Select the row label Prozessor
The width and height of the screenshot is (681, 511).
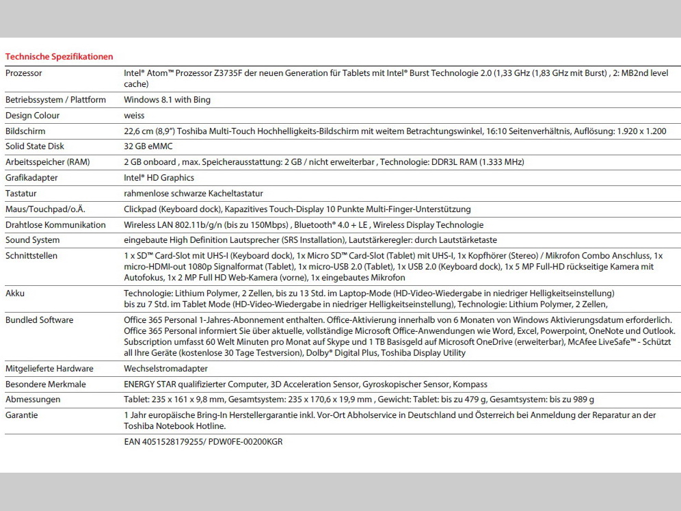click(24, 72)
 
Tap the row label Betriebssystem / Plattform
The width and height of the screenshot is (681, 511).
click(55, 100)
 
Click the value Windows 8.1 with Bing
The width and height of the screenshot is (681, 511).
click(167, 100)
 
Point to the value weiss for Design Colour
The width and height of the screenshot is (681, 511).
click(134, 116)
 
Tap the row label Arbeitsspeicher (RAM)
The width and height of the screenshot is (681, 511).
click(47, 162)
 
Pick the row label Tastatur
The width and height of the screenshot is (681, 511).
click(22, 194)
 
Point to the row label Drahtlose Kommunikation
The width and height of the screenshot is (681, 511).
click(55, 225)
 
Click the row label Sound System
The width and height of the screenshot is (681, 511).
click(32, 240)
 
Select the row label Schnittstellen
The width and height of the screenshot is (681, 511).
click(31, 256)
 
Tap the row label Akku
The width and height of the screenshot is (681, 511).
click(15, 292)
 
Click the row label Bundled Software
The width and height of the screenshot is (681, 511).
click(39, 320)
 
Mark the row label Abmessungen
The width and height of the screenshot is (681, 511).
click(33, 399)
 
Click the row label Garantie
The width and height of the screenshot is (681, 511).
click(22, 415)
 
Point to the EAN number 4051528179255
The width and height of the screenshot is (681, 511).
click(170, 442)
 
